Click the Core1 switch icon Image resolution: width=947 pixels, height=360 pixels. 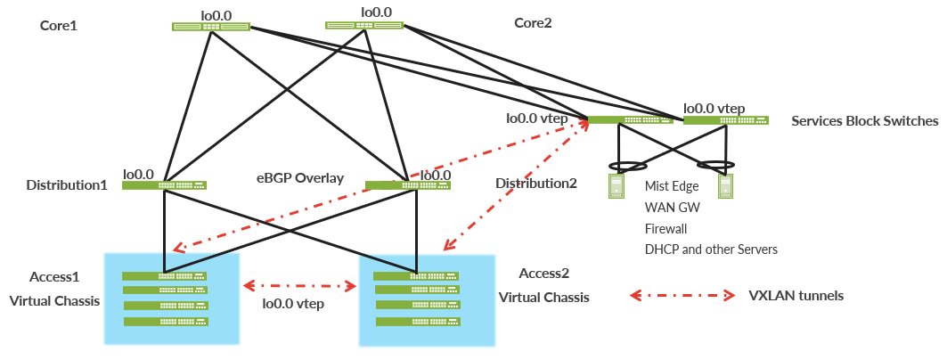[210, 27]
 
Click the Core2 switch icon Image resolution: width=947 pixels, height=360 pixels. [363, 26]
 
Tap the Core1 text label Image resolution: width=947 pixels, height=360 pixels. [59, 26]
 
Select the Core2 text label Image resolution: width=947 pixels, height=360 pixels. [533, 22]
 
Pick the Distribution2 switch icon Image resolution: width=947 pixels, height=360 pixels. [407, 185]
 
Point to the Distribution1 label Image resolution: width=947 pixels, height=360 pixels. [67, 185]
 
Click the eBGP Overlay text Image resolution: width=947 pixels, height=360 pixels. [300, 178]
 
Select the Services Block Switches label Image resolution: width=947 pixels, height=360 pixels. [864, 120]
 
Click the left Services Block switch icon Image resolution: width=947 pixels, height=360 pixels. [631, 119]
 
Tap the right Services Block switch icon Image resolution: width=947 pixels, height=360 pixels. [725, 119]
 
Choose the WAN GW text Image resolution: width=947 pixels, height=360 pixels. [672, 208]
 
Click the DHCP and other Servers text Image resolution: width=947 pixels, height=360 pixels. [710, 250]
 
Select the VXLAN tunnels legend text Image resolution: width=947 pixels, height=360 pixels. [796, 295]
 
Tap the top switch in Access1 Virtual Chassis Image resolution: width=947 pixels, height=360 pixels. [164, 275]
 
